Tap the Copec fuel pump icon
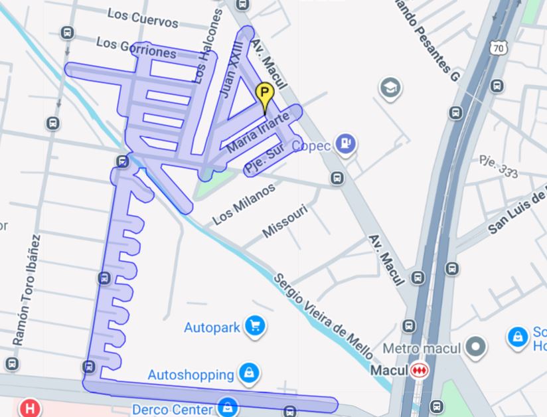pos(345,143)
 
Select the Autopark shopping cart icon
pos(254,325)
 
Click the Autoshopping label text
pos(191,375)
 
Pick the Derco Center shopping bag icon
pos(228,406)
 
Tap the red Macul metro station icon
pos(419,370)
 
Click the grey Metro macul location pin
pos(475,346)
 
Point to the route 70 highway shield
pos(500,47)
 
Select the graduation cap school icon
pos(390,87)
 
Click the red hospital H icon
pos(29,407)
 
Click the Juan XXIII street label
pos(232,69)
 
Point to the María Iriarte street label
pos(258,132)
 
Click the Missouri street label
pos(285,221)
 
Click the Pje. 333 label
pos(499,165)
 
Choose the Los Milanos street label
pos(243,204)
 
